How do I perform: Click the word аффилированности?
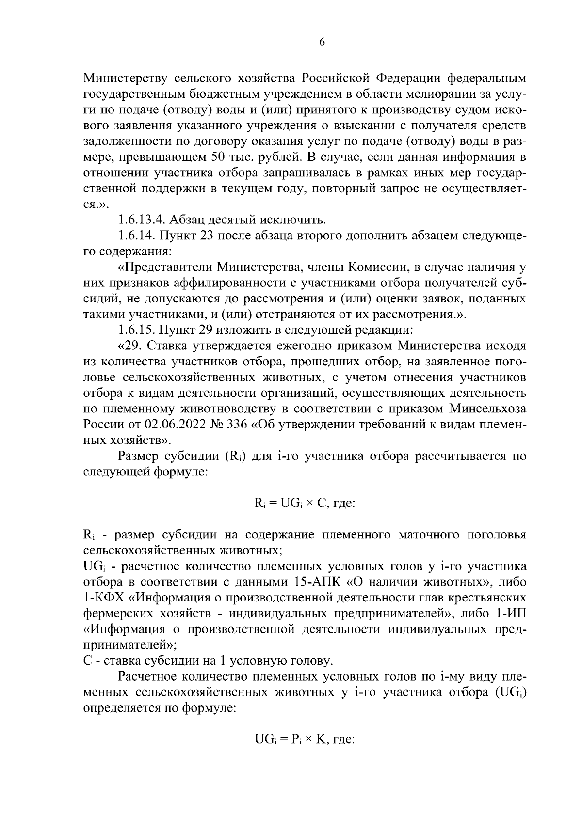click(223, 283)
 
